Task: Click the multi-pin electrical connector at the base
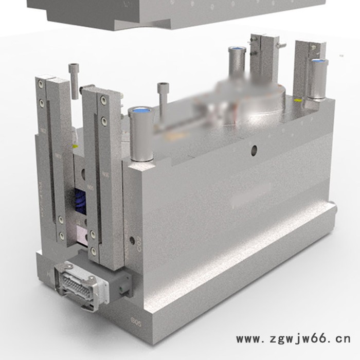click(76, 280)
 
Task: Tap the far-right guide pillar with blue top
click(317, 80)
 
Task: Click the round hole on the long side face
click(253, 150)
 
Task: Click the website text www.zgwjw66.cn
click(293, 339)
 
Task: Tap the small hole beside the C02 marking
click(134, 240)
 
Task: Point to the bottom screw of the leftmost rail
click(61, 236)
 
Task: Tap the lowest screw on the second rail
click(93, 252)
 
